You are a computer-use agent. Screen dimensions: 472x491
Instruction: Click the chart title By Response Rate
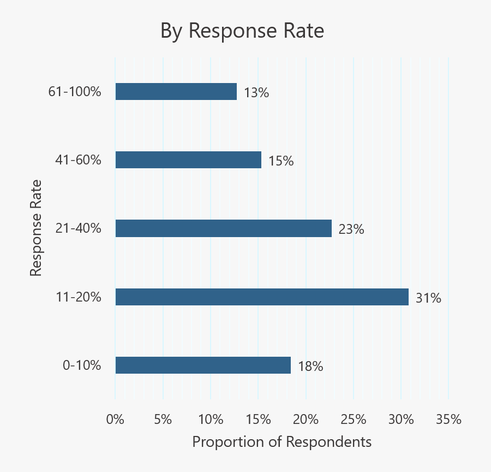pos(242,31)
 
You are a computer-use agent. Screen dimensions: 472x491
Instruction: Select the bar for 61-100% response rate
pos(176,92)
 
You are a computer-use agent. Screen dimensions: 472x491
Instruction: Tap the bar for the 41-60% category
pos(188,160)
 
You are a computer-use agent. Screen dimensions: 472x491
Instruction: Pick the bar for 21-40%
pos(224,228)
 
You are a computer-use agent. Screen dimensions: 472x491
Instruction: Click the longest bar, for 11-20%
pos(262,297)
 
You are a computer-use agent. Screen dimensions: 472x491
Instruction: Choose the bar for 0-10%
pos(203,365)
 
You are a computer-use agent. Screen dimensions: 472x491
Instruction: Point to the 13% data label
pos(256,93)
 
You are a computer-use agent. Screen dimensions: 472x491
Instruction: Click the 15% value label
pos(281,161)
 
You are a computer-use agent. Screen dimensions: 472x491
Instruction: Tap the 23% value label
pos(351,229)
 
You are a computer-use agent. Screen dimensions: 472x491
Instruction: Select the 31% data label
pos(428,298)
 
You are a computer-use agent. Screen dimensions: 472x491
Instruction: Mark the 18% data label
pos(310,367)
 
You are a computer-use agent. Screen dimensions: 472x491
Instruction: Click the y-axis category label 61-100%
pos(75,92)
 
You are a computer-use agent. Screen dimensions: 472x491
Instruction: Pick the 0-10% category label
pos(82,365)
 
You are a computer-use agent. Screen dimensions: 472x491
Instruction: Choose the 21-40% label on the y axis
pos(79,228)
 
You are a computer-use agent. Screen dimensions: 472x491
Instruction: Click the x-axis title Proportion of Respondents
pos(282,441)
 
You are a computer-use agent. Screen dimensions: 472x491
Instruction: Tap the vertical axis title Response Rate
pos(35,228)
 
